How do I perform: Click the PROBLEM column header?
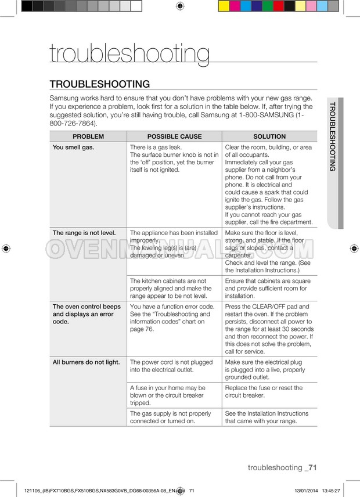coord(88,136)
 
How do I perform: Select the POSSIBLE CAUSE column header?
coord(174,136)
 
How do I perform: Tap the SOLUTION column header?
coord(269,136)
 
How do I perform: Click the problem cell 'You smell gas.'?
coord(74,147)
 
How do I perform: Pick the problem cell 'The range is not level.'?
coord(84,233)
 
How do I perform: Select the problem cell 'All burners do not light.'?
coord(86,362)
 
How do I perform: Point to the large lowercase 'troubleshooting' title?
coord(129,53)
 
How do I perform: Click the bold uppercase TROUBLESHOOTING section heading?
coord(100,84)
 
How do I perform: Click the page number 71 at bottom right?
coord(312,467)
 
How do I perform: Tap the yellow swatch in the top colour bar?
coord(224,6)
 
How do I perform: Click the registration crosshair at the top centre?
coord(179,6)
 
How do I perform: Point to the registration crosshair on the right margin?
coord(354,248)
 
